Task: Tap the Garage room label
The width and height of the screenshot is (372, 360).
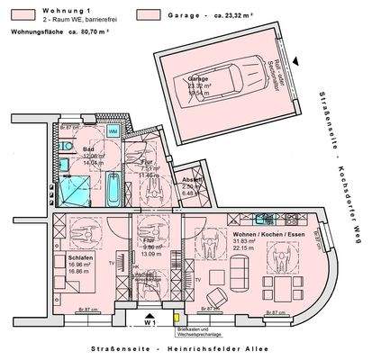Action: pyautogui.click(x=197, y=79)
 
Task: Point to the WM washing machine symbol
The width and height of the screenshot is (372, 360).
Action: pyautogui.click(x=113, y=131)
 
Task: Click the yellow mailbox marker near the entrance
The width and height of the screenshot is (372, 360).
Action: pyautogui.click(x=177, y=316)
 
